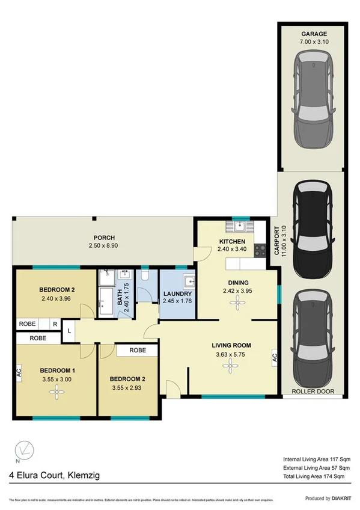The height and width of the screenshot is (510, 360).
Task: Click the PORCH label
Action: tap(104, 238)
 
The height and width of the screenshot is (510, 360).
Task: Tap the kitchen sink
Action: tap(239, 227)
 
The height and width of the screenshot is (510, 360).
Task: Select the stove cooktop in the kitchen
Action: tap(261, 250)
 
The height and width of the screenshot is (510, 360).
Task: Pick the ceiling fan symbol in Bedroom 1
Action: tap(55, 393)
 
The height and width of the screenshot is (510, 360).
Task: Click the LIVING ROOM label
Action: tap(231, 345)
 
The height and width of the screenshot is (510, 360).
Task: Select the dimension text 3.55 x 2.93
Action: tap(128, 388)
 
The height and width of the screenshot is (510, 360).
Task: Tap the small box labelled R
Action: tap(55, 324)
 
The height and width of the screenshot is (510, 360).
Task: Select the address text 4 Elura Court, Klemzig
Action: tap(54, 475)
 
